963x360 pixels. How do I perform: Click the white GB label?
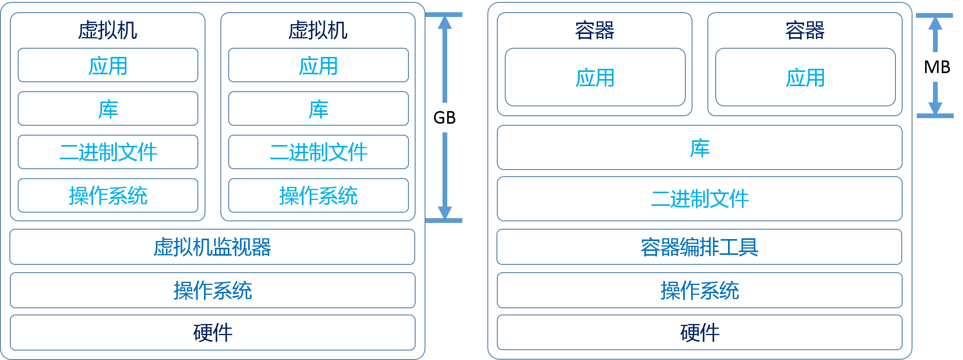click(x=444, y=117)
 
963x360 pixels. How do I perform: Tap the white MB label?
click(x=937, y=67)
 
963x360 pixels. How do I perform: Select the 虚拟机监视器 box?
click(x=212, y=247)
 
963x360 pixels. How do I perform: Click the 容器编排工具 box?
click(x=699, y=247)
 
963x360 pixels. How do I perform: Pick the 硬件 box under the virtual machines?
click(x=212, y=332)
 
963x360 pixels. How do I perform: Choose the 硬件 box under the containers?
click(x=699, y=332)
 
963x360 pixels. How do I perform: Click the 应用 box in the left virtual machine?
click(x=107, y=65)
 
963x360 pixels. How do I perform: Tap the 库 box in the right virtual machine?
click(x=318, y=109)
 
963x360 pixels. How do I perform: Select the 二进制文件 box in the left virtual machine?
click(x=107, y=152)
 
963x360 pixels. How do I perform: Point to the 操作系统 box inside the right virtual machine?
click(x=318, y=196)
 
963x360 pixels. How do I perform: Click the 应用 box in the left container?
click(x=594, y=77)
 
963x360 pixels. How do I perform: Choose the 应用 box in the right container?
click(x=805, y=77)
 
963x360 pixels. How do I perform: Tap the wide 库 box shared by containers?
click(x=699, y=147)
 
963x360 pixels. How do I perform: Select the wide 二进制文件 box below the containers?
click(x=699, y=198)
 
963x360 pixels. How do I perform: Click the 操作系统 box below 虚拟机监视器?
click(x=212, y=290)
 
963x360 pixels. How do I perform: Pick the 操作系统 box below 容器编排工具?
click(x=699, y=290)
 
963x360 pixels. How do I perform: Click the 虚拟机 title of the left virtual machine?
click(x=107, y=30)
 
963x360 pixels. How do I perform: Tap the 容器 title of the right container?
click(x=805, y=30)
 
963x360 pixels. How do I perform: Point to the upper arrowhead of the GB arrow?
click(x=444, y=23)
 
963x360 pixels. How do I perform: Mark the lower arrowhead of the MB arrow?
click(x=935, y=108)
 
